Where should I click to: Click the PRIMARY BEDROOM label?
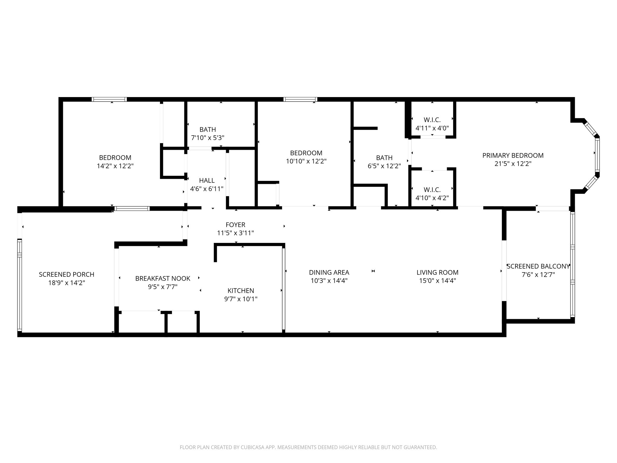tap(513, 156)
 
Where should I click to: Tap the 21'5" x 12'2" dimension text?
tap(513, 164)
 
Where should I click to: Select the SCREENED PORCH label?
tap(67, 274)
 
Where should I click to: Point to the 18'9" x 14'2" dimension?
tap(67, 283)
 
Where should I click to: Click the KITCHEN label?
tap(241, 291)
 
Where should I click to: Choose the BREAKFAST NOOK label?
tap(163, 278)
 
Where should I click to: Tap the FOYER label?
tap(235, 225)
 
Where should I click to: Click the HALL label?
tap(207, 180)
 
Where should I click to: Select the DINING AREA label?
tap(329, 272)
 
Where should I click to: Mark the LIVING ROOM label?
tap(437, 272)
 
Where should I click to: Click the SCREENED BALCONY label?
tap(538, 266)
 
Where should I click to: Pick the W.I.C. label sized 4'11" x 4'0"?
tap(432, 120)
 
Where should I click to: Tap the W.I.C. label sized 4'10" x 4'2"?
tap(432, 190)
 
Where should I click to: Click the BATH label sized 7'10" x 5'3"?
tap(208, 129)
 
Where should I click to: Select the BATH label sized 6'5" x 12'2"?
tap(384, 158)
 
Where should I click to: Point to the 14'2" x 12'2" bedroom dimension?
tap(115, 166)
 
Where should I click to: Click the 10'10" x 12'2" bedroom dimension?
tap(306, 161)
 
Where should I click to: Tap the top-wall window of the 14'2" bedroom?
tap(109, 99)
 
